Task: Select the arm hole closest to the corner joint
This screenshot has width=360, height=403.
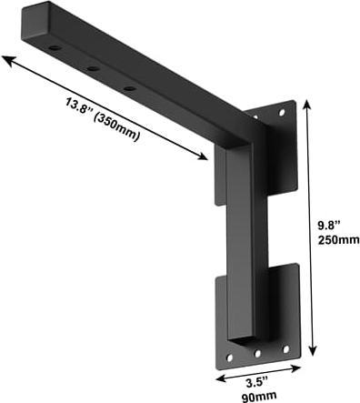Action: click(x=130, y=88)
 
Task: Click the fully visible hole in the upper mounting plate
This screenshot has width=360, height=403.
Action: click(x=282, y=113)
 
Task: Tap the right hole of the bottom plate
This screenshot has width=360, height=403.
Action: click(x=285, y=348)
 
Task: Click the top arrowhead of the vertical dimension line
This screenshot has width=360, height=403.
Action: click(x=311, y=103)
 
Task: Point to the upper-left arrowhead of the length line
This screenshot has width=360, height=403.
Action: click(x=5, y=59)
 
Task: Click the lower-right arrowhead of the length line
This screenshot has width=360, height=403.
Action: click(x=205, y=158)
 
